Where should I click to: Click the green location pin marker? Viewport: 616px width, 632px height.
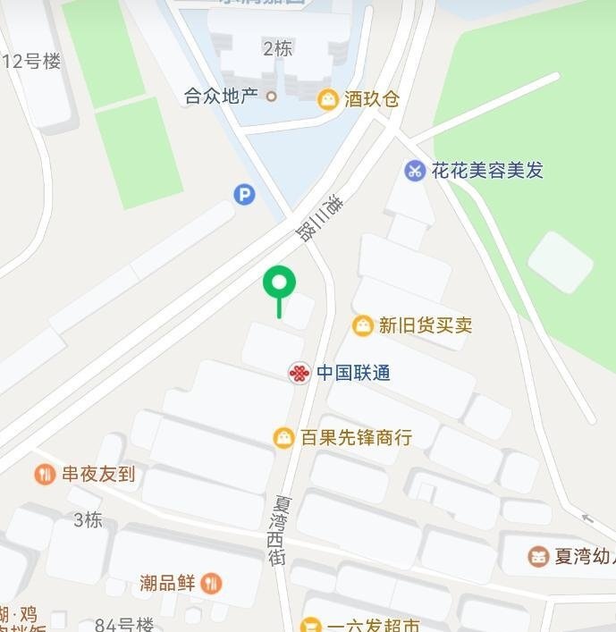[279, 284]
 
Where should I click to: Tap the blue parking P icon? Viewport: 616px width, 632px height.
[244, 194]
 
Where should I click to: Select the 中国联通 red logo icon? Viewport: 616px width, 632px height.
[300, 373]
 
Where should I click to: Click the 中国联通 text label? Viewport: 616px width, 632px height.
[354, 373]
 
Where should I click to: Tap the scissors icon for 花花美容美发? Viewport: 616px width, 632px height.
[414, 170]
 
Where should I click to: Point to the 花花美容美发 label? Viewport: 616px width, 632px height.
[487, 170]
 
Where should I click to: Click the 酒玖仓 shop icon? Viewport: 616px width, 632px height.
[328, 99]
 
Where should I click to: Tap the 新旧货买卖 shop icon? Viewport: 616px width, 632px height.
[362, 325]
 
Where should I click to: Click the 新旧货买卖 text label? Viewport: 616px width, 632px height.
[425, 325]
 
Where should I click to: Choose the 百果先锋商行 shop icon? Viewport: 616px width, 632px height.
[283, 438]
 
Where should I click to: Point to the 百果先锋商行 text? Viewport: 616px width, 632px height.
[356, 438]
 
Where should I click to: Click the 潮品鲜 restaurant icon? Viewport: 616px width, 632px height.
[211, 584]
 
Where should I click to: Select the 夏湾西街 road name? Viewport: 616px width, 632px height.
[278, 529]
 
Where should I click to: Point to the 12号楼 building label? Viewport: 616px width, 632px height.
[33, 61]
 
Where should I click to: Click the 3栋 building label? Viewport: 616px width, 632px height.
[88, 519]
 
